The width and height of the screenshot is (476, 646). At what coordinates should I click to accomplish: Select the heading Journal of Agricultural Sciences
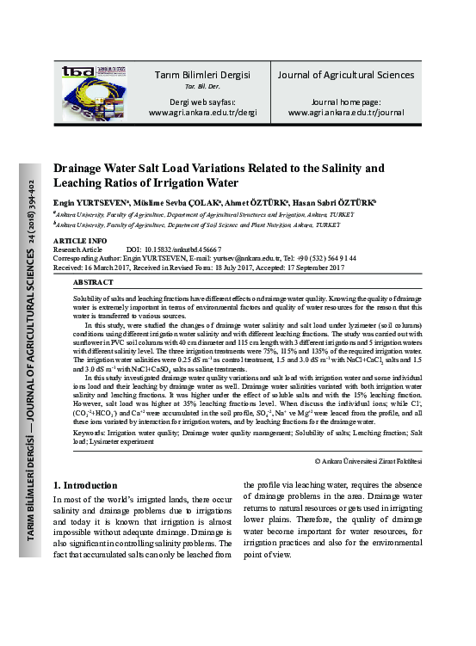345,75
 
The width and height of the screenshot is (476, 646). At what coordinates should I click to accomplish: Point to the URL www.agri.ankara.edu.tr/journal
345,112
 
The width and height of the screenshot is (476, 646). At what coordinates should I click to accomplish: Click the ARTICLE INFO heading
80,240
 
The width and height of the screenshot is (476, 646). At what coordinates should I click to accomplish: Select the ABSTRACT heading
93,282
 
